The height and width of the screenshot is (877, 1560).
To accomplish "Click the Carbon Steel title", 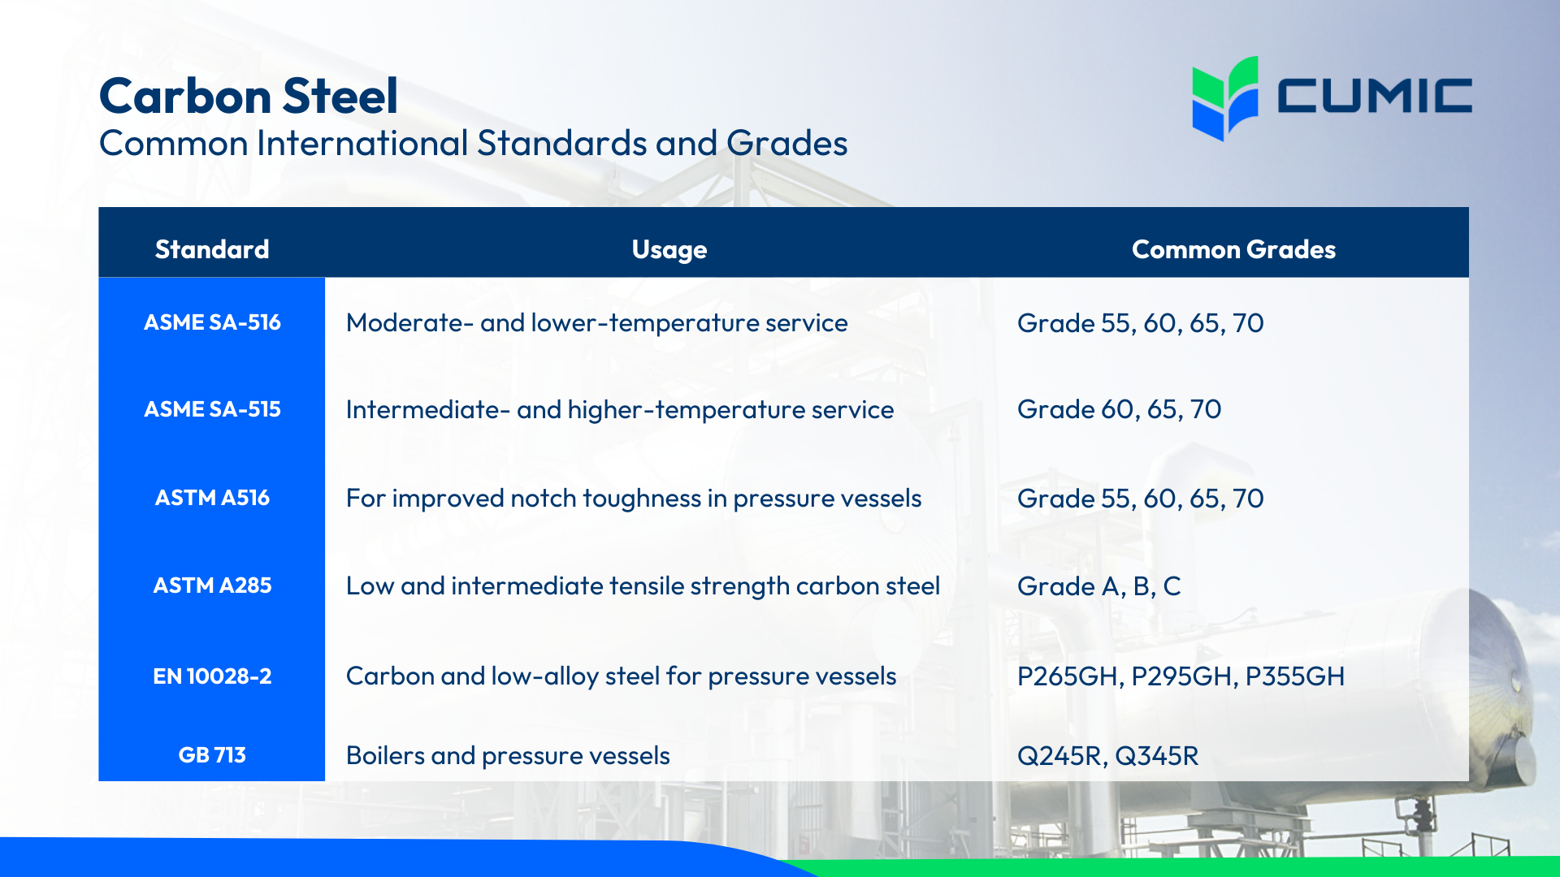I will click(x=248, y=96).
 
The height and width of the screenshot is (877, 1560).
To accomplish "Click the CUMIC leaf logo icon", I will click(x=1224, y=98).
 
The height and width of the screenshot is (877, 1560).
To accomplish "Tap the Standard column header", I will click(x=211, y=249).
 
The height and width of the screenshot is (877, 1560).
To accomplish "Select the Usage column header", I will click(x=669, y=249).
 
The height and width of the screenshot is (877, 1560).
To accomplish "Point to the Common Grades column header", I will click(x=1233, y=249).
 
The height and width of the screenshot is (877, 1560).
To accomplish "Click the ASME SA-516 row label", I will click(x=211, y=322).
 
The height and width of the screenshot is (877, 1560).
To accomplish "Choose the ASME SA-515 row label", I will click(x=211, y=409).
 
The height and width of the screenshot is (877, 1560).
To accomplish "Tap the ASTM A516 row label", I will click(x=211, y=498).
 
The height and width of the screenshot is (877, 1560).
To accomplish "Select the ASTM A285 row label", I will click(x=211, y=585).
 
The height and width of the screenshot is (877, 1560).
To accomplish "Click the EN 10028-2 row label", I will click(x=211, y=676).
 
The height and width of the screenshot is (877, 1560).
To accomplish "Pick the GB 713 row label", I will click(x=211, y=755).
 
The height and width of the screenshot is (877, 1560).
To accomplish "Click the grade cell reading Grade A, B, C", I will click(x=1098, y=586).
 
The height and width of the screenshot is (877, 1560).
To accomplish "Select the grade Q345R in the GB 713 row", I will click(x=1156, y=756).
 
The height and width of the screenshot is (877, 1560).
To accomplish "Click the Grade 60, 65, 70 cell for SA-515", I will click(x=1119, y=409).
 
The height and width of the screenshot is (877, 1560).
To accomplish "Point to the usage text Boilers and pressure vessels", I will click(x=508, y=756).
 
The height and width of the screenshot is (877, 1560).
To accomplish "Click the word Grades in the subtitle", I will click(x=786, y=144).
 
